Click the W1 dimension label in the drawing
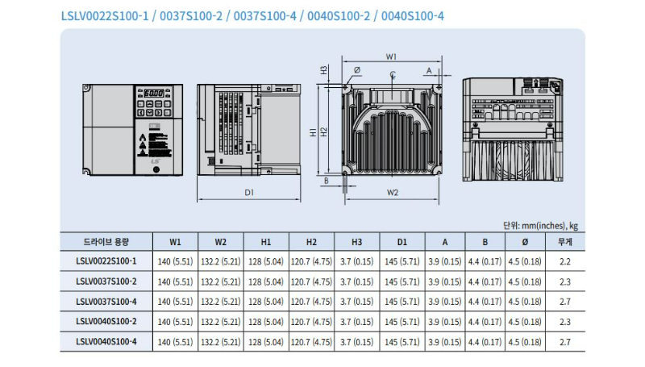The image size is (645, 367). coord(390,56)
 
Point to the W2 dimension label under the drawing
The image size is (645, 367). coord(392,192)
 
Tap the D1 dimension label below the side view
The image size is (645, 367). coord(249,192)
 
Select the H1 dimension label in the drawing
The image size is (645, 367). coord(312,131)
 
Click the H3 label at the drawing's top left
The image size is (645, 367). coord(323,69)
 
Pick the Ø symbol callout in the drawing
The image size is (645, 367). coord(356,70)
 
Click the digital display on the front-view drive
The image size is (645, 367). coord(153,94)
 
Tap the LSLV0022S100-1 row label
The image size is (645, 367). coord(106,261)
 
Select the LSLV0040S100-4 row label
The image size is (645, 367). coord(106,341)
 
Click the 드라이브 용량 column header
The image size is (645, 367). coord(106,241)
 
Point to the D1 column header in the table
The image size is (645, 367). coord(402,241)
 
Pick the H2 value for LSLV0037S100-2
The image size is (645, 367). coord(311,281)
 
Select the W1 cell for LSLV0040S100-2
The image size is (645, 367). coord(175,321)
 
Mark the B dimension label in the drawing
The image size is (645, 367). coord(326,181)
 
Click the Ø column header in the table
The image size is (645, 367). coord(526,241)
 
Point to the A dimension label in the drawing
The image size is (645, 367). coord(429,70)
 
